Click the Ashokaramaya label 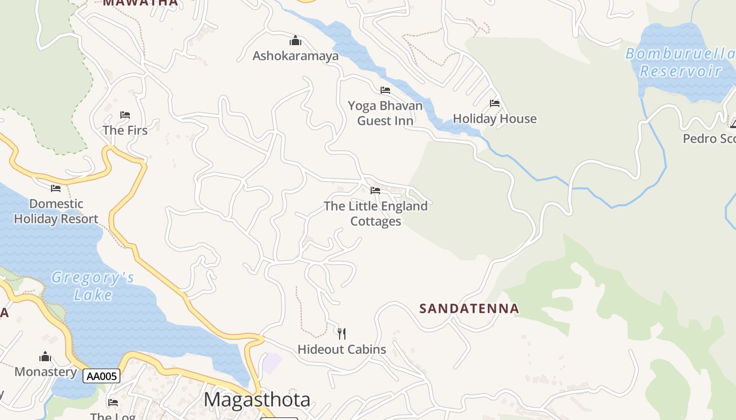295,56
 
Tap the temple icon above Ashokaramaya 295,40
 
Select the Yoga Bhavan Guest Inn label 385,113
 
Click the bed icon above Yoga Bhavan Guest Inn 385,90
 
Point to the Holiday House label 494,119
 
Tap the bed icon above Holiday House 495,103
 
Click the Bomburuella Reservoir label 680,62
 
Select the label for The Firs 125,130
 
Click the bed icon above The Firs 125,115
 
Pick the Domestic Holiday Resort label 56,211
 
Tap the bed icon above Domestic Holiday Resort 56,188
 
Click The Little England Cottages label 375,214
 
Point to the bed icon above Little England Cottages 375,191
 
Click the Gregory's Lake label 93,286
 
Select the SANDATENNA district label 469,309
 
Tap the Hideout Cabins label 342,349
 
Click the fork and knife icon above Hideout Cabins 342,333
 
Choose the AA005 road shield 101,376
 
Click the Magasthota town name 257,400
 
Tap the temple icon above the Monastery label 46,356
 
